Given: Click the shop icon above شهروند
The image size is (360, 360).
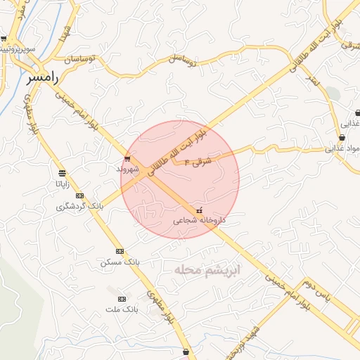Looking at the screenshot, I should [x=127, y=158].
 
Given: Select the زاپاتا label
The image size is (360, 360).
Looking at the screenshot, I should [x=63, y=184].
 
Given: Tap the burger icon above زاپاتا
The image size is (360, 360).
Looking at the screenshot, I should [x=63, y=173].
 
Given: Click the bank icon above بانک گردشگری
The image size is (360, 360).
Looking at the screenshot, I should [x=79, y=196].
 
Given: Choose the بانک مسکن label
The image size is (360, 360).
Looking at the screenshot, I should [x=120, y=262].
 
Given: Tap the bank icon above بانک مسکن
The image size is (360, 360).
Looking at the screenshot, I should [x=120, y=251].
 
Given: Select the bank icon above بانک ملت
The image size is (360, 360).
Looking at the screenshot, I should [x=123, y=299].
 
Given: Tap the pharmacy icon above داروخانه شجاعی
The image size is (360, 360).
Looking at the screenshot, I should [x=200, y=210].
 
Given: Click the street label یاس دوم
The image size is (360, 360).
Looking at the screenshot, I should [x=317, y=291].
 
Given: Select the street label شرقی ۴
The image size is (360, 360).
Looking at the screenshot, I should [x=198, y=161].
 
